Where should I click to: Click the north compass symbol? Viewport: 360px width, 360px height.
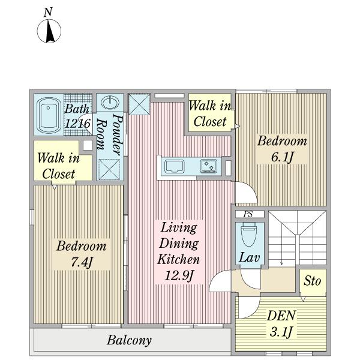[x=49, y=31]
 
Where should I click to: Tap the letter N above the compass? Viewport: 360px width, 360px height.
[x=48, y=12]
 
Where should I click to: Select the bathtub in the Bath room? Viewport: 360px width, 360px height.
[x=49, y=115]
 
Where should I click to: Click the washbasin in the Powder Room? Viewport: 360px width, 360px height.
[x=110, y=103]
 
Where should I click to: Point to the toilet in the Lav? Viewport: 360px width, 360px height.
[x=248, y=234]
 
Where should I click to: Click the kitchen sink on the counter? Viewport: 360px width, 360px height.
[x=175, y=166]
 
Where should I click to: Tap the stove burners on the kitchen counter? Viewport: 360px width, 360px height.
[x=208, y=166]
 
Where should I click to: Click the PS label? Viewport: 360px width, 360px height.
[x=248, y=214]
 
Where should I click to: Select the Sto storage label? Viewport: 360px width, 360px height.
[x=312, y=281]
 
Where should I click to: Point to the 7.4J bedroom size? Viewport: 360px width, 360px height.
[x=82, y=262]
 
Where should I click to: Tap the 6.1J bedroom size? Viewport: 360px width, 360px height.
[x=282, y=157]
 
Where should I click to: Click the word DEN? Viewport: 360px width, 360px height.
[x=281, y=316]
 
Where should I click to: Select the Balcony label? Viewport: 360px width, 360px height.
[x=129, y=340]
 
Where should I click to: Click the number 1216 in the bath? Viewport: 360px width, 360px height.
[x=77, y=124]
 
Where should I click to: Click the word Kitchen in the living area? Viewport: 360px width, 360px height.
[x=179, y=259]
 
